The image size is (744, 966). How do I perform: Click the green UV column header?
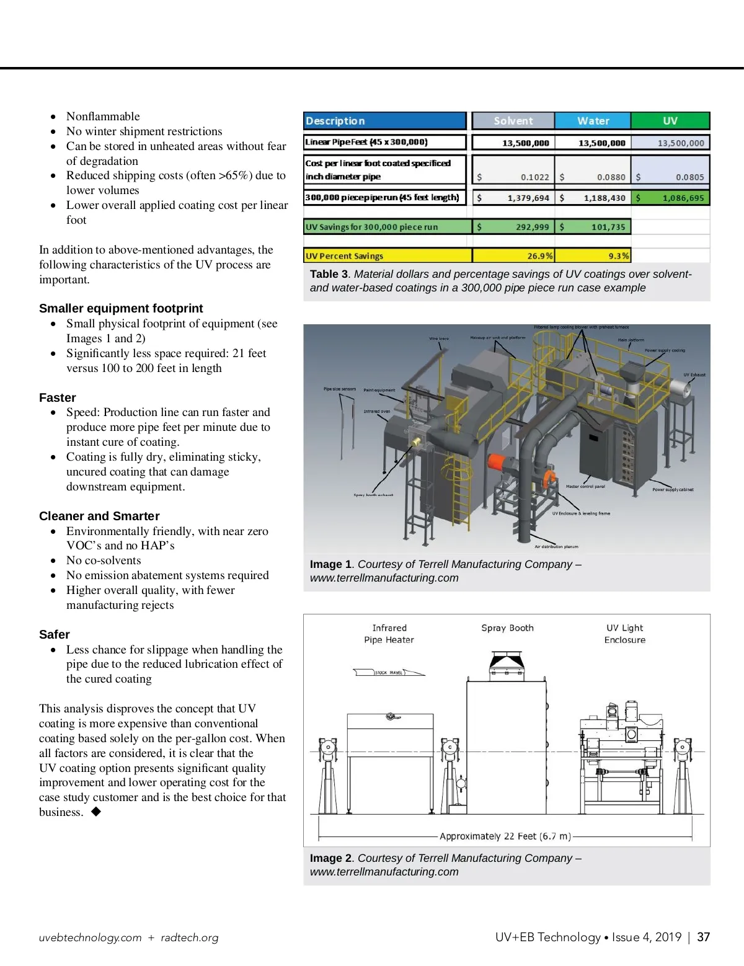tap(670, 121)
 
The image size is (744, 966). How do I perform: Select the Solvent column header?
tap(513, 121)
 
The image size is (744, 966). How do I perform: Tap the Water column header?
tap(593, 121)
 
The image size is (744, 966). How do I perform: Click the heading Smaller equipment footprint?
tap(121, 308)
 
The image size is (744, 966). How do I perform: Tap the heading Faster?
tap(58, 397)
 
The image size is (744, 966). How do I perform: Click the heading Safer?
tap(55, 634)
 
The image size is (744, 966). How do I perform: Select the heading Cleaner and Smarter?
tap(99, 516)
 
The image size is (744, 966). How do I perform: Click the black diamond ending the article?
tap(96, 812)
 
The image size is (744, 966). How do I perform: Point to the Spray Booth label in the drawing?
tap(507, 628)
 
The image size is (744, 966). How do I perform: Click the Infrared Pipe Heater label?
tap(389, 634)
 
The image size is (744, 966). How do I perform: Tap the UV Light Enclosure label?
tap(625, 634)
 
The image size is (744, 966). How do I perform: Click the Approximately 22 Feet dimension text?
tap(505, 836)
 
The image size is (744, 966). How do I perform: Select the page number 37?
tap(703, 937)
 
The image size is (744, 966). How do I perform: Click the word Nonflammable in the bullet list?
tap(103, 117)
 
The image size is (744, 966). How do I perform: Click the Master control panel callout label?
tap(585, 487)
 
